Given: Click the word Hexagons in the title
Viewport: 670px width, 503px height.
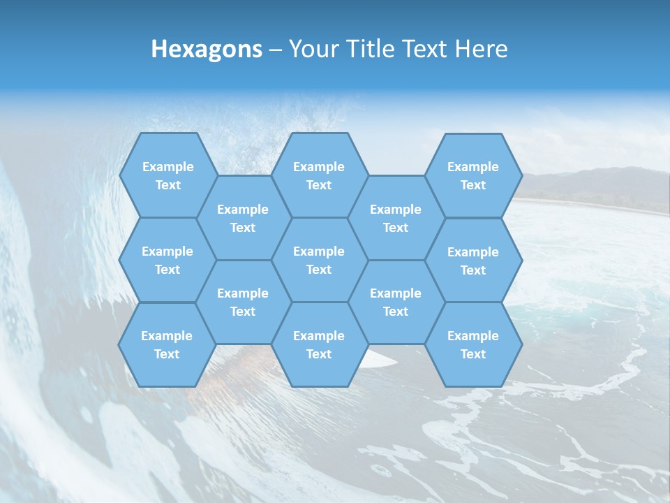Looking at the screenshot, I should [x=207, y=49].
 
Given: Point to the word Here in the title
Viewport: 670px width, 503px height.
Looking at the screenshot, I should [x=482, y=49].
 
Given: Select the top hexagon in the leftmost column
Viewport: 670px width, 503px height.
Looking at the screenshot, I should [x=167, y=175].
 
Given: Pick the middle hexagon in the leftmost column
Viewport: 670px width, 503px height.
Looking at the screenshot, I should [x=167, y=260].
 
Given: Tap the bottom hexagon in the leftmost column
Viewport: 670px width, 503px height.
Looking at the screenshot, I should [x=167, y=344].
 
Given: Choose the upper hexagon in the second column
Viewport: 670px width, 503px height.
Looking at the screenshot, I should [x=243, y=218].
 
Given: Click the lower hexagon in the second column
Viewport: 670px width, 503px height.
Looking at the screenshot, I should [x=243, y=302].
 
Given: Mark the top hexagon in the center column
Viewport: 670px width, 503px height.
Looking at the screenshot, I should [x=319, y=175].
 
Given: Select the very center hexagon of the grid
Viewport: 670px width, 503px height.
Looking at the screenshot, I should [x=319, y=260].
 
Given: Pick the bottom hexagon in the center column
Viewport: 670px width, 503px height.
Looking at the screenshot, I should [x=319, y=344].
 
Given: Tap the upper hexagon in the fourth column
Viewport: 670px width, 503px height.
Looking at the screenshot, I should [x=396, y=218].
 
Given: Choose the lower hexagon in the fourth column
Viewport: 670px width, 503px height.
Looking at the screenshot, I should [x=396, y=302].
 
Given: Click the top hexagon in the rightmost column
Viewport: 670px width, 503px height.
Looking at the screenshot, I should [x=473, y=175].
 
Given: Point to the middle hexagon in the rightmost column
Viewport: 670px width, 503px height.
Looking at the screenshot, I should [x=473, y=261].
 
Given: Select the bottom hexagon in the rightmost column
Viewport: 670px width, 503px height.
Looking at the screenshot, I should [x=473, y=344].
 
